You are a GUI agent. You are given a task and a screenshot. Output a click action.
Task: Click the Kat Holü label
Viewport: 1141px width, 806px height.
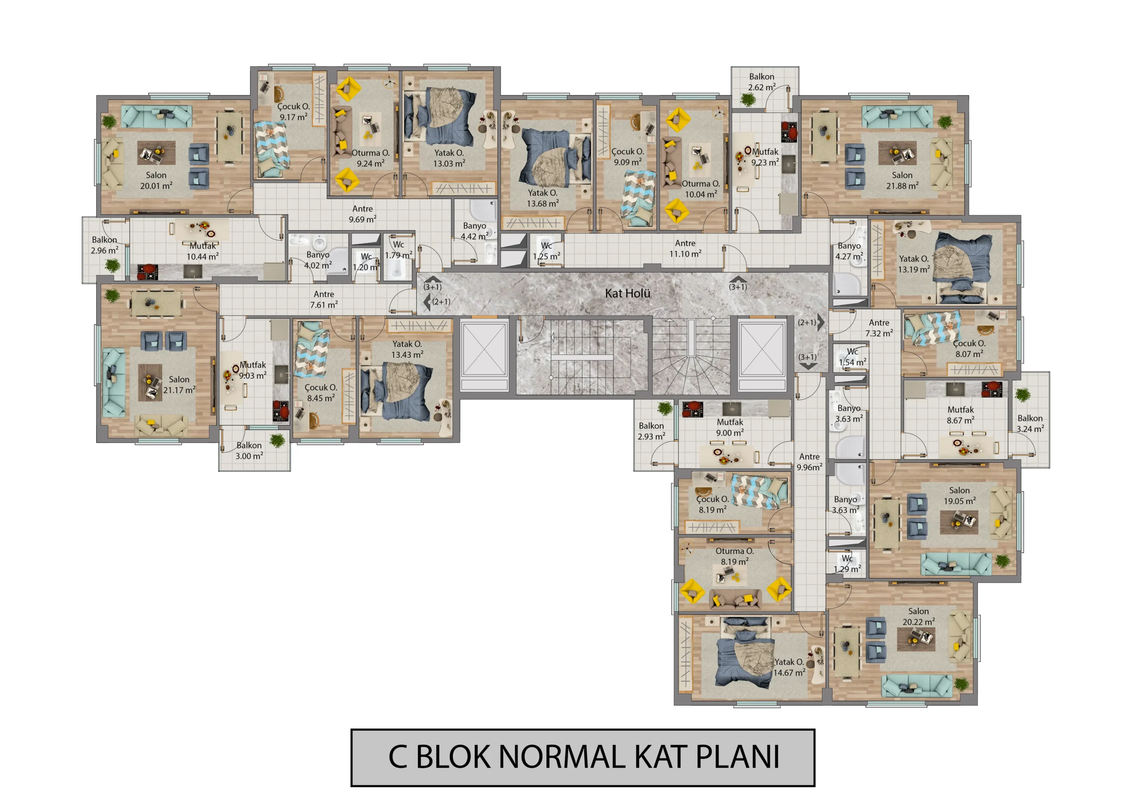(x=627, y=293)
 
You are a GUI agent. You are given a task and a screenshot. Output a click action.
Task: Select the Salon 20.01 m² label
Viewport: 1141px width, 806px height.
(x=156, y=181)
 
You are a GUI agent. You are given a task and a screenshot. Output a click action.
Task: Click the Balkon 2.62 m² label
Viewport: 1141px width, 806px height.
(x=762, y=82)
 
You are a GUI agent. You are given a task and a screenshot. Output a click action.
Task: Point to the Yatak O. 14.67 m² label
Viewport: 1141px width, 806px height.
(x=789, y=668)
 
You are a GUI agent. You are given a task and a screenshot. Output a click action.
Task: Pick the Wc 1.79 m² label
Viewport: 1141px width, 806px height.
(x=398, y=250)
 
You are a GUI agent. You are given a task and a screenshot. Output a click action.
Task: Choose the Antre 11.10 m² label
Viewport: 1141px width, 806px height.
(x=685, y=248)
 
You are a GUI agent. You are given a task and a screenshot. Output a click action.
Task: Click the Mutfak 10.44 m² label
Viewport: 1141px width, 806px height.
(x=203, y=251)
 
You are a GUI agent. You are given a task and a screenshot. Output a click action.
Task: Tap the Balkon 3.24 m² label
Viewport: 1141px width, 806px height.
(x=1030, y=423)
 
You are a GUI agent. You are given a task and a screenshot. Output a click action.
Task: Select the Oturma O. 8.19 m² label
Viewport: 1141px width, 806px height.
(x=735, y=556)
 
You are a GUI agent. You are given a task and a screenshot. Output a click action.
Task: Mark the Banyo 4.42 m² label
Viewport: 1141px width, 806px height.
(x=475, y=231)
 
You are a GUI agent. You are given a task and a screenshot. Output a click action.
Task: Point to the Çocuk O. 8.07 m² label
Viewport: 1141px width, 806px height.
(x=969, y=349)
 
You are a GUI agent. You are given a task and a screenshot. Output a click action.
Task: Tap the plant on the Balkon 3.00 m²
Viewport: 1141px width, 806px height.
(x=277, y=440)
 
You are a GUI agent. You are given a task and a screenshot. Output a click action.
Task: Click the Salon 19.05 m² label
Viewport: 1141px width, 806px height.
(x=960, y=496)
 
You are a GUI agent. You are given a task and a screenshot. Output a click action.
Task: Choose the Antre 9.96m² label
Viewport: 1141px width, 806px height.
(x=809, y=462)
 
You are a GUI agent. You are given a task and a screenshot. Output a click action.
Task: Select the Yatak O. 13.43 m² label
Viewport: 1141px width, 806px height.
(x=407, y=349)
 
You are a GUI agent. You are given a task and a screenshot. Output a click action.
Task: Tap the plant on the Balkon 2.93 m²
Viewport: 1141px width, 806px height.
(x=665, y=409)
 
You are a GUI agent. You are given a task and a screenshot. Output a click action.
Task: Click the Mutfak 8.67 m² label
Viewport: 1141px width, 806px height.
(x=960, y=415)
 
